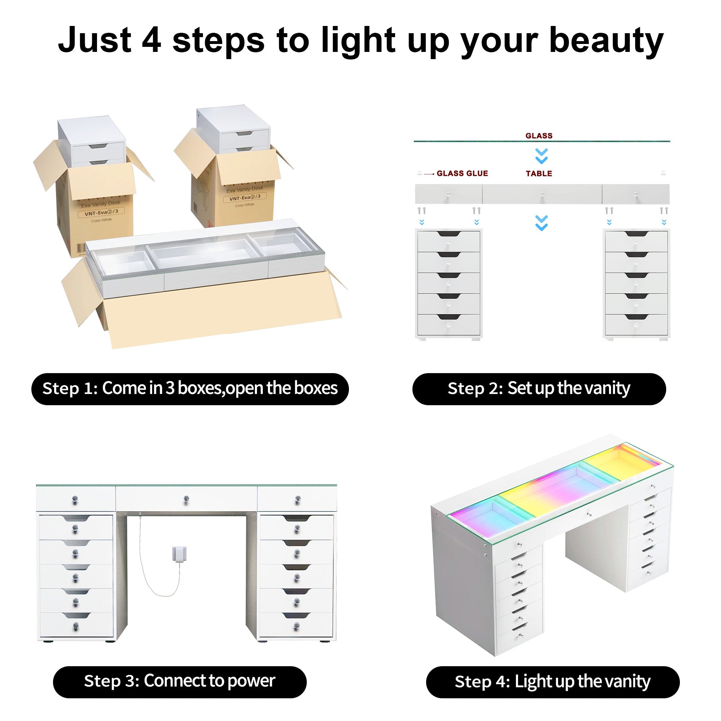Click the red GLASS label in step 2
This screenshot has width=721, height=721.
[539, 136]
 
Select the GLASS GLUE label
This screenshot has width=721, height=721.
[462, 173]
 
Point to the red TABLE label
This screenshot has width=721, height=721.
[539, 173]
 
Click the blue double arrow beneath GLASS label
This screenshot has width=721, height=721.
[541, 156]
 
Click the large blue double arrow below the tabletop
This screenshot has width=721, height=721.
[541, 223]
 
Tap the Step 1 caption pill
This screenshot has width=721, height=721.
[190, 389]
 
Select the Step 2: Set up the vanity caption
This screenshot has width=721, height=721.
[539, 389]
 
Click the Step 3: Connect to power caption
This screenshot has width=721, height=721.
[180, 681]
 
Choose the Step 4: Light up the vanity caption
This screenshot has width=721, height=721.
[552, 682]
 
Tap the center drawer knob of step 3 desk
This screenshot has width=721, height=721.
[186, 499]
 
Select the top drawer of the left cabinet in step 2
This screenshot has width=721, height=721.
[448, 241]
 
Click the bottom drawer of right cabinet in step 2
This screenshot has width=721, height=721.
[636, 324]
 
